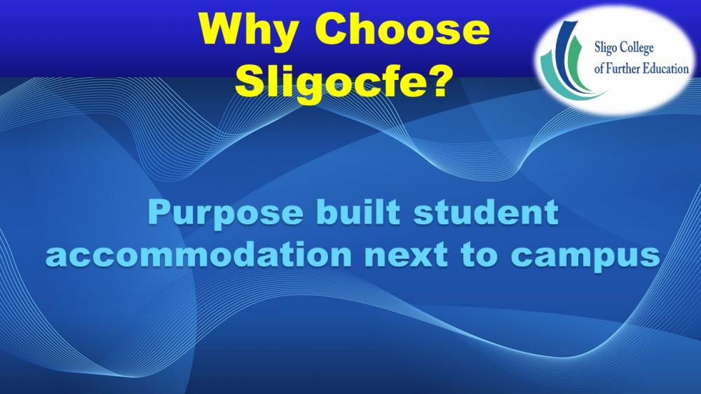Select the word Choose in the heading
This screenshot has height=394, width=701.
404,29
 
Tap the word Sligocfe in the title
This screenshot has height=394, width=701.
329,81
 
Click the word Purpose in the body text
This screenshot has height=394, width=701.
225,215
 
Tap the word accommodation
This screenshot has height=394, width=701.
198,255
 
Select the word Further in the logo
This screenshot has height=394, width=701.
622,69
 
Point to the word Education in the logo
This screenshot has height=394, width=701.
666,69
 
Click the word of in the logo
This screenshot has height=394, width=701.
599,69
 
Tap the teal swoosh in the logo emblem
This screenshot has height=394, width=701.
554,74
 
